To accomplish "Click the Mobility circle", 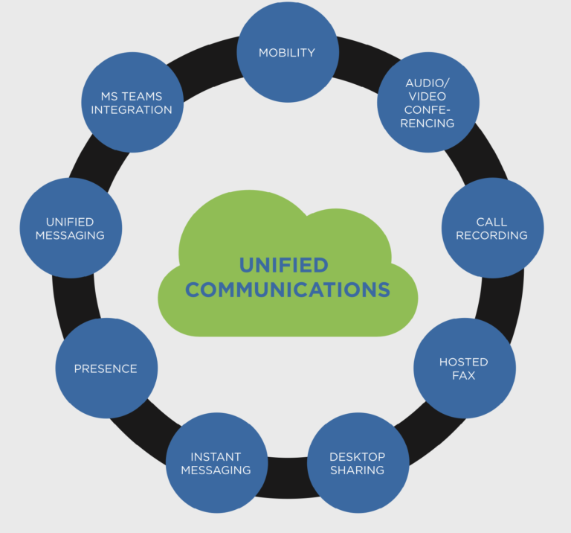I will (x=287, y=52).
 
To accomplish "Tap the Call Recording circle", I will (x=492, y=228).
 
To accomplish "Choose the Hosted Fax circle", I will (x=464, y=368).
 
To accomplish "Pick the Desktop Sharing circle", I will (x=358, y=463).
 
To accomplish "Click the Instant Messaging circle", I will (x=216, y=463).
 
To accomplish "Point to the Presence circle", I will (x=106, y=368).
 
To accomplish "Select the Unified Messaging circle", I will (x=70, y=228).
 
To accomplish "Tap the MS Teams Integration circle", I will (x=132, y=102).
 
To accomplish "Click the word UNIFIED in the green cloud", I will (x=283, y=265).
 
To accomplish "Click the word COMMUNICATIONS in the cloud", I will (x=288, y=290).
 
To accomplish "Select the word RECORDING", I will (x=491, y=235).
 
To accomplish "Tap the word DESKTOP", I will (x=358, y=456).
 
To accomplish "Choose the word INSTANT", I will (x=216, y=456).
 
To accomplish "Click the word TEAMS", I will (x=143, y=96).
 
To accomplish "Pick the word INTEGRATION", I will (x=132, y=109).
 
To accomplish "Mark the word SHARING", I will (x=358, y=470).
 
